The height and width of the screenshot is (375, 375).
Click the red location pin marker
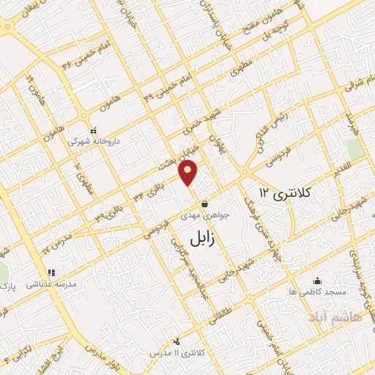[188, 174]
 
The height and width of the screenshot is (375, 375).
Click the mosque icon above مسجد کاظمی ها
[317, 281]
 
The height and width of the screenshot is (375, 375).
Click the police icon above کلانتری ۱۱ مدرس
[177, 341]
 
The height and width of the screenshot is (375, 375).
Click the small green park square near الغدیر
[355, 149]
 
